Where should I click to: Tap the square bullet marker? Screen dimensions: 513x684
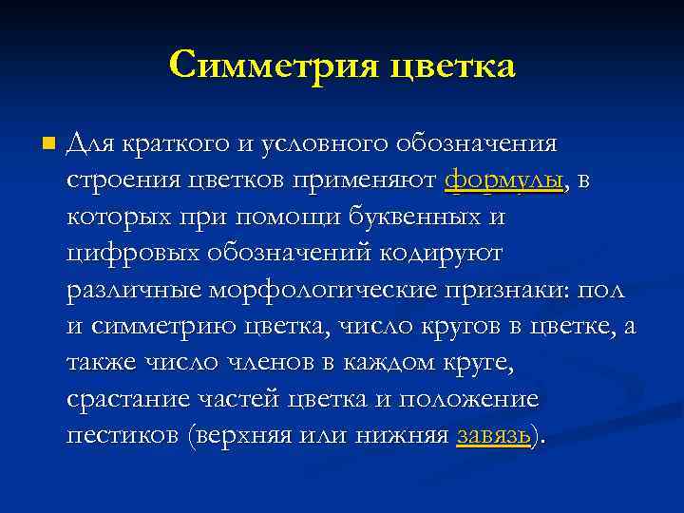(48, 144)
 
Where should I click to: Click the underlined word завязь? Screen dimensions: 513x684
(492, 436)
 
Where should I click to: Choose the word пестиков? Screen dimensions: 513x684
(123, 436)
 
